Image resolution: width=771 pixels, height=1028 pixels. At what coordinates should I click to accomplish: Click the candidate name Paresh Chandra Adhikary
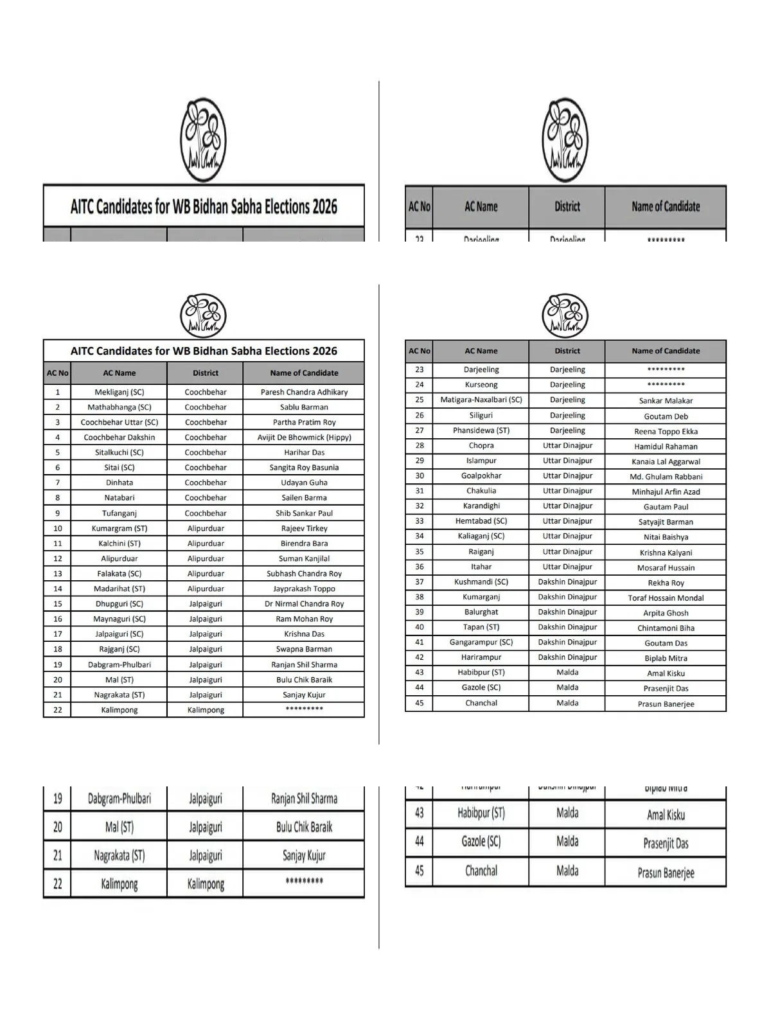tap(304, 392)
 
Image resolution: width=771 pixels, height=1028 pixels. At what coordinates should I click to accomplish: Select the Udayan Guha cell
tap(304, 483)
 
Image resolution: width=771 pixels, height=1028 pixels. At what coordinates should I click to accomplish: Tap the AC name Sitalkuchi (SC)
tap(120, 452)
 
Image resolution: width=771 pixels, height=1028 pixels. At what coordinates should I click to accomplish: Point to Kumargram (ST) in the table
tap(120, 528)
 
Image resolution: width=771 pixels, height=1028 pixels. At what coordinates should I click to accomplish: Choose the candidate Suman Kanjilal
tap(304, 558)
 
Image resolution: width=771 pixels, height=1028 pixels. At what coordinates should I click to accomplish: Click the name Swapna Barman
tap(304, 649)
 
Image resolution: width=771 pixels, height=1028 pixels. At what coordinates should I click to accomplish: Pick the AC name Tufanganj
tap(120, 513)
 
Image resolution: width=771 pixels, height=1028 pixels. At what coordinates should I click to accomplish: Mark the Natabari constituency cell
tap(120, 497)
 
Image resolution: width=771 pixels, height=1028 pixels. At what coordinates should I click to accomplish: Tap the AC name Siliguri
tap(481, 416)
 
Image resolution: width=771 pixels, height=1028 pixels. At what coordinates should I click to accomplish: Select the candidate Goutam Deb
tap(666, 416)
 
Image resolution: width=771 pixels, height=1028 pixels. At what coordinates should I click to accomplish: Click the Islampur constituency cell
tap(481, 461)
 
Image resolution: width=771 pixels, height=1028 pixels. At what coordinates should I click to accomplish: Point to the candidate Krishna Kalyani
tap(666, 553)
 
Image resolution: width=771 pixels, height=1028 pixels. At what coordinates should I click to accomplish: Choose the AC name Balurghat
tap(481, 612)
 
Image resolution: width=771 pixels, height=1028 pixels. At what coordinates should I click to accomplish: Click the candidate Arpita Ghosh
tap(666, 613)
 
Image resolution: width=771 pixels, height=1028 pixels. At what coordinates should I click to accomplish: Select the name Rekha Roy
tap(666, 583)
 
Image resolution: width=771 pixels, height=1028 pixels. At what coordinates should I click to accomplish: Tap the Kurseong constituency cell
tap(481, 385)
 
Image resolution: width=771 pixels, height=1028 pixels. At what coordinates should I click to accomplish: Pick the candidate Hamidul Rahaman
tap(666, 447)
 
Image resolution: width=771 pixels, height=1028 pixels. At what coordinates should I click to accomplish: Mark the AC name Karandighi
tap(481, 506)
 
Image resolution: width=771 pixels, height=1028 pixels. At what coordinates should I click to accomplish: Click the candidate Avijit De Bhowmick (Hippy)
tap(304, 438)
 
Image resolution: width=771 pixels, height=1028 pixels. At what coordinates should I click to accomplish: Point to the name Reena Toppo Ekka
tap(666, 432)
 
